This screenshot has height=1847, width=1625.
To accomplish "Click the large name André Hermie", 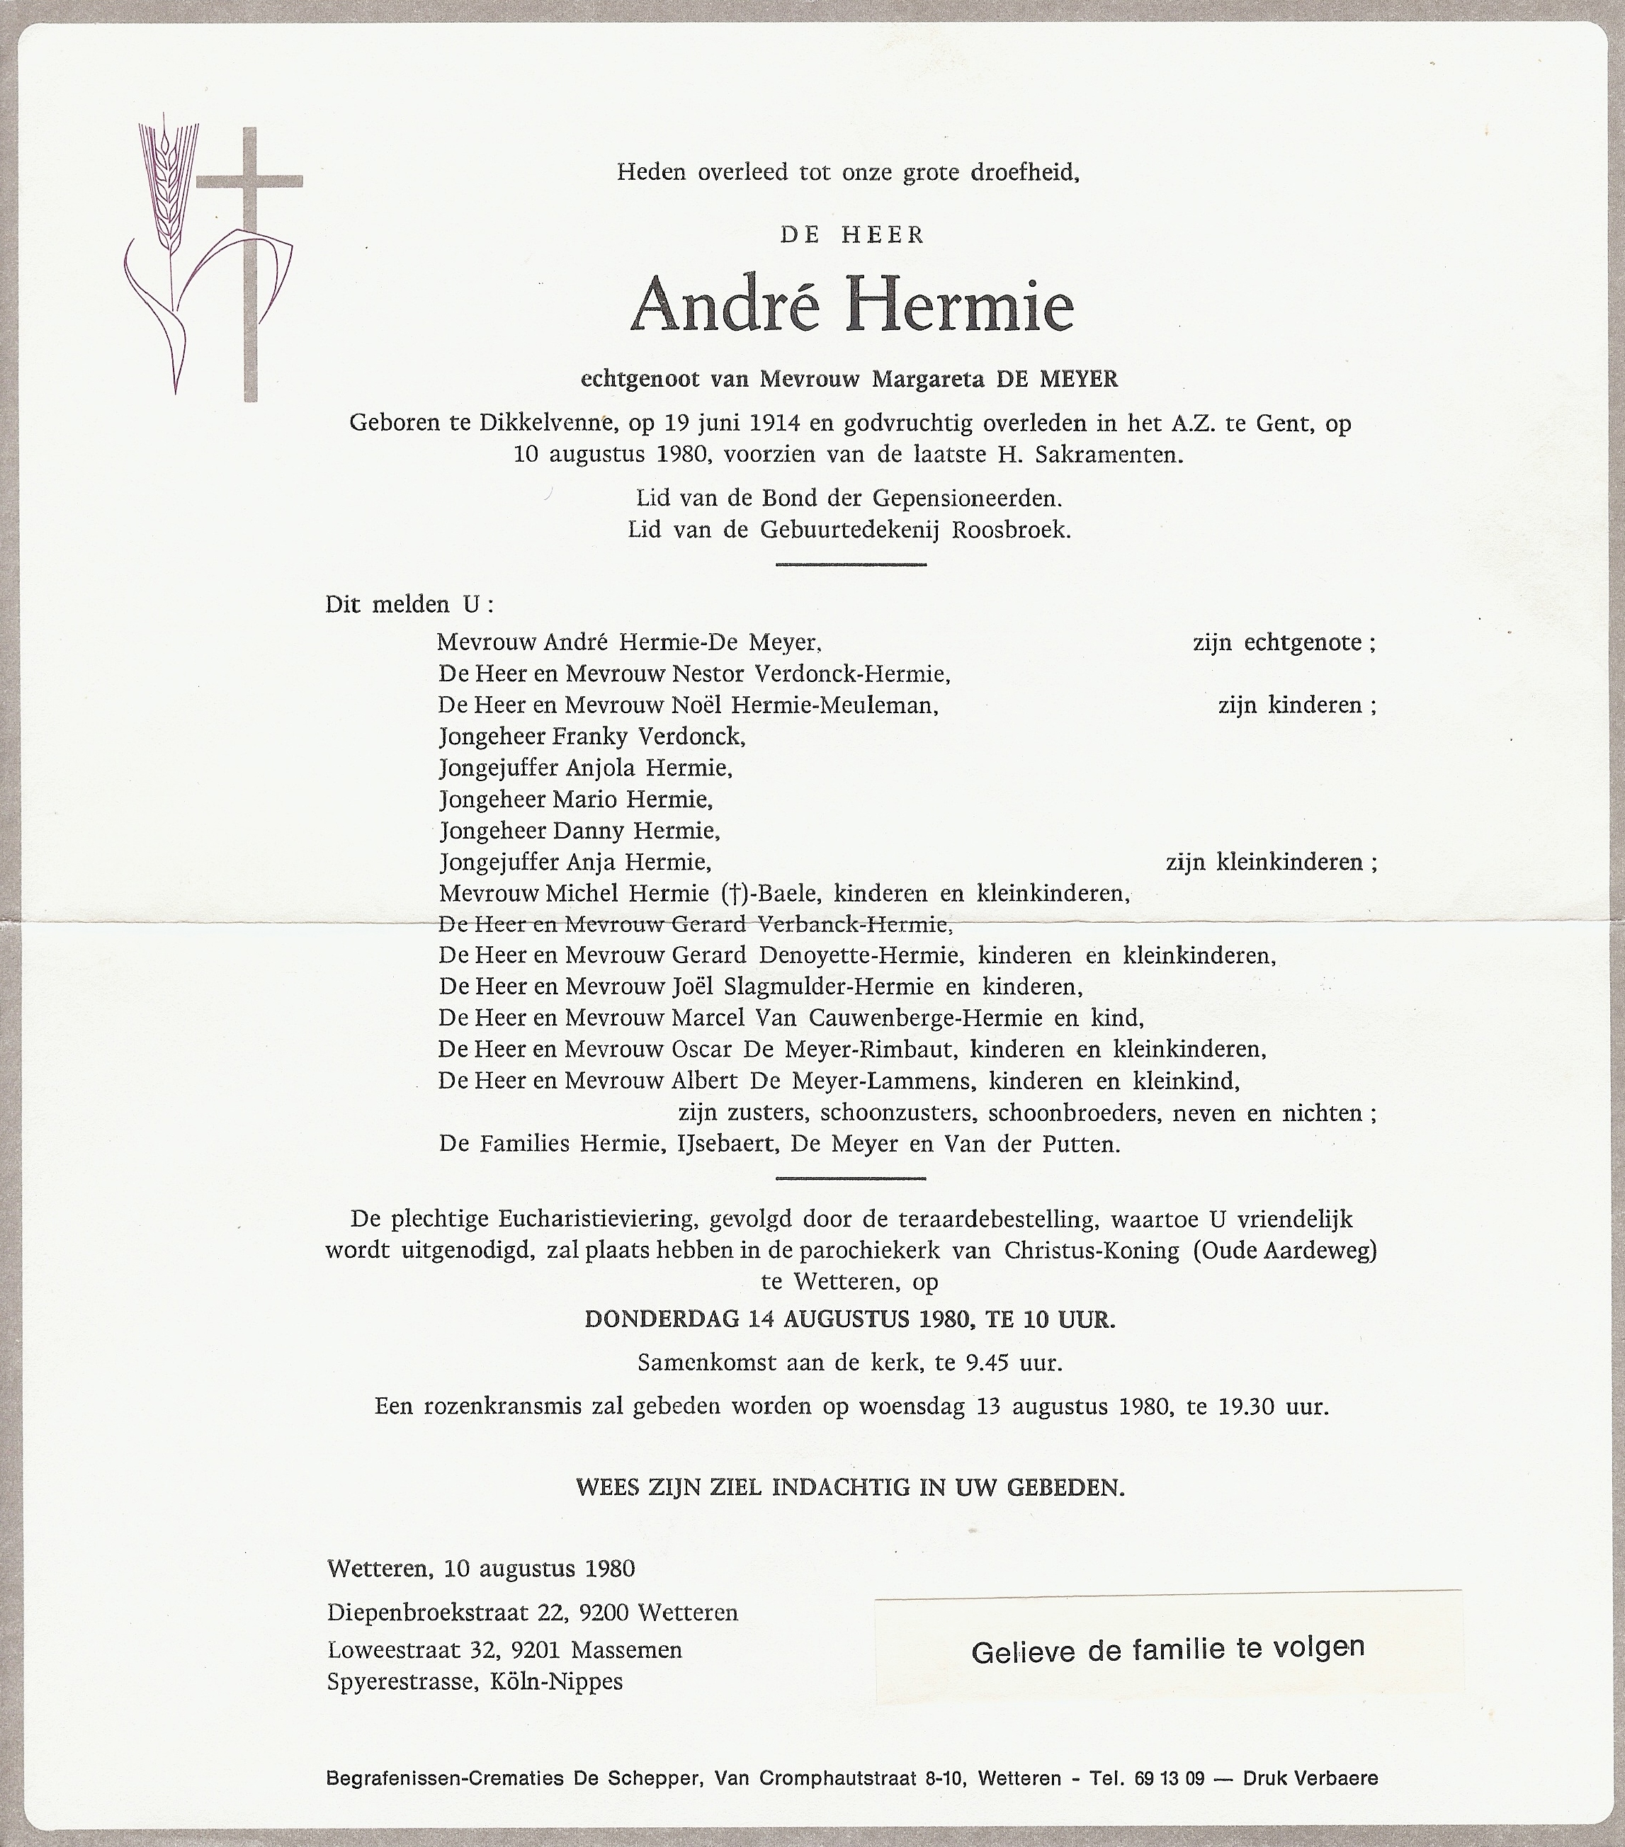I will pyautogui.click(x=851, y=305).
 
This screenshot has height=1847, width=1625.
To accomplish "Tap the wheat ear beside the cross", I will pyautogui.click(x=163, y=190).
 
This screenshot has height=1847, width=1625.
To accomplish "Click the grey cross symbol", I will pyautogui.click(x=249, y=262).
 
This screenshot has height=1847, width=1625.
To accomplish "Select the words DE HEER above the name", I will pyautogui.click(x=852, y=236).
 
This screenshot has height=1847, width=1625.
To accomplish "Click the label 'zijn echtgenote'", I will pyautogui.click(x=1284, y=642).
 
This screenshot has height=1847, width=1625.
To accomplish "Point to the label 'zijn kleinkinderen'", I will pyautogui.click(x=1271, y=861).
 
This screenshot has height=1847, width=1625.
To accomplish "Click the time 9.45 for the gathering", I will pyautogui.click(x=986, y=1363).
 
